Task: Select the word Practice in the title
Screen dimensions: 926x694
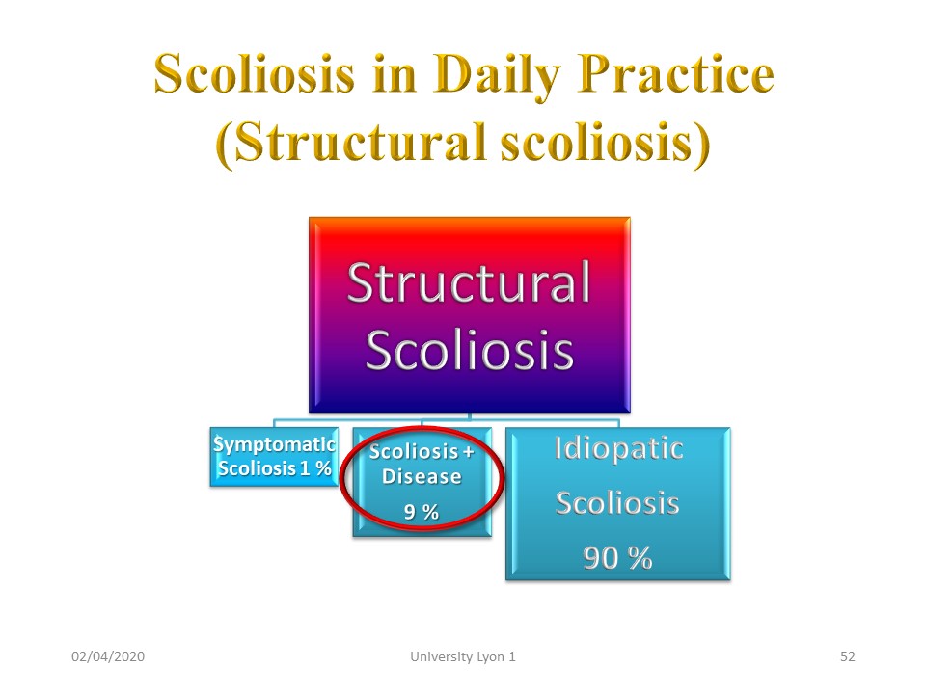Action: (x=675, y=74)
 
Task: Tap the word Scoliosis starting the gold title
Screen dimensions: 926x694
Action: (x=255, y=74)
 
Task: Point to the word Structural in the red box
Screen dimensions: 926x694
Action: (x=469, y=282)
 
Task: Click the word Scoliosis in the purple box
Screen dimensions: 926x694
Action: (x=470, y=349)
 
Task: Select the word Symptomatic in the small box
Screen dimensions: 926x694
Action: (x=275, y=445)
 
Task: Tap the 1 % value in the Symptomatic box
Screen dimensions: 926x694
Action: (x=315, y=468)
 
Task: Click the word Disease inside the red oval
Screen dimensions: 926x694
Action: (x=422, y=476)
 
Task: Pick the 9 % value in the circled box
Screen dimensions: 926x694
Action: (x=422, y=512)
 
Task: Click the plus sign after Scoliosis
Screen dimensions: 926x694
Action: (x=469, y=453)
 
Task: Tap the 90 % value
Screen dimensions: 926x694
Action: (x=617, y=558)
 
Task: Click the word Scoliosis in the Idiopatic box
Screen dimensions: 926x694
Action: (x=617, y=503)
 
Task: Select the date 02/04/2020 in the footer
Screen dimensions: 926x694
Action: (x=108, y=656)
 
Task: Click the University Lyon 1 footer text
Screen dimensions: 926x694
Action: (x=463, y=656)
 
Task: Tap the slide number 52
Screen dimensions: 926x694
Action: (x=848, y=656)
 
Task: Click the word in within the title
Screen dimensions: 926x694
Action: (x=395, y=74)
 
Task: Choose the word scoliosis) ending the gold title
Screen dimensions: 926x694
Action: (x=606, y=143)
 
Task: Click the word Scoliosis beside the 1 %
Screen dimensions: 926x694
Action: (x=257, y=468)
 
